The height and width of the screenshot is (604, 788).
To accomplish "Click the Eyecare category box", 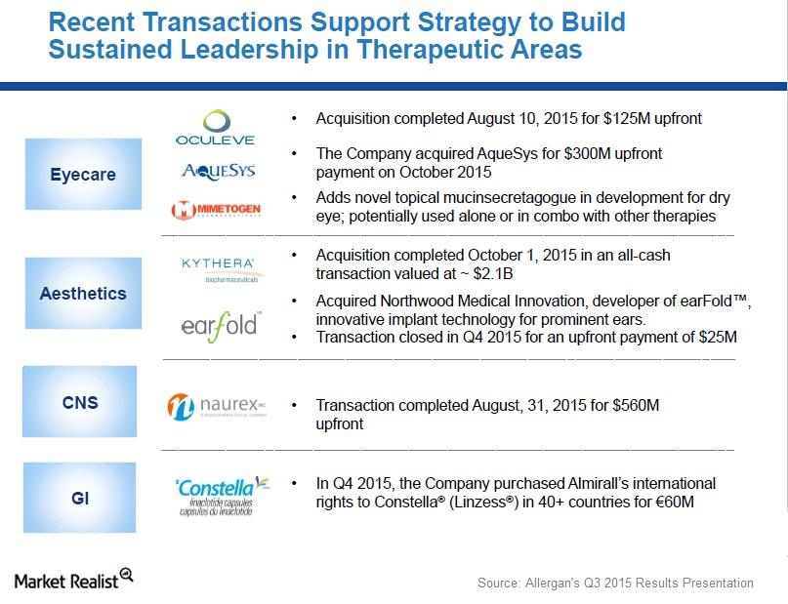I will pos(83,175).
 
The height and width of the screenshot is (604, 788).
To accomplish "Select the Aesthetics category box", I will pos(83,293).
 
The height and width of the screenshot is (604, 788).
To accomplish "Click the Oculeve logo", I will pos(215,128).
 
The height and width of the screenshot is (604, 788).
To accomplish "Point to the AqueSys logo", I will pos(219,171).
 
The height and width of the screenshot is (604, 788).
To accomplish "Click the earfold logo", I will pos(219,323).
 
